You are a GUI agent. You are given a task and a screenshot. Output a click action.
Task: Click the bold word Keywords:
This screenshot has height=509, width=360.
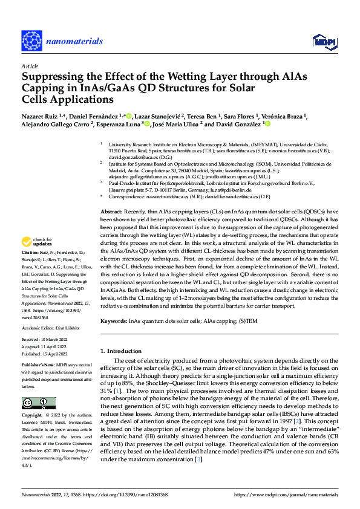(x=114, y=322)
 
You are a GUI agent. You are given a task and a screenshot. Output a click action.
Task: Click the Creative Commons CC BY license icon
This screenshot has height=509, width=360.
(x=39, y=403)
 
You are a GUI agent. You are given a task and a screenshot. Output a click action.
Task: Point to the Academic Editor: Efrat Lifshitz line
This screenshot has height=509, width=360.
(x=53, y=328)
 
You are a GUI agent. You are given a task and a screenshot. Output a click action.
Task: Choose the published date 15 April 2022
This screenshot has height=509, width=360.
(x=59, y=354)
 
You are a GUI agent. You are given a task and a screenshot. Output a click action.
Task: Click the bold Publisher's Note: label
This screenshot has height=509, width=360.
(x=39, y=367)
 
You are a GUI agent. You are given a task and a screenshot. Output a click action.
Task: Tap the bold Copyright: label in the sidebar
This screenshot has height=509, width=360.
(x=33, y=415)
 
